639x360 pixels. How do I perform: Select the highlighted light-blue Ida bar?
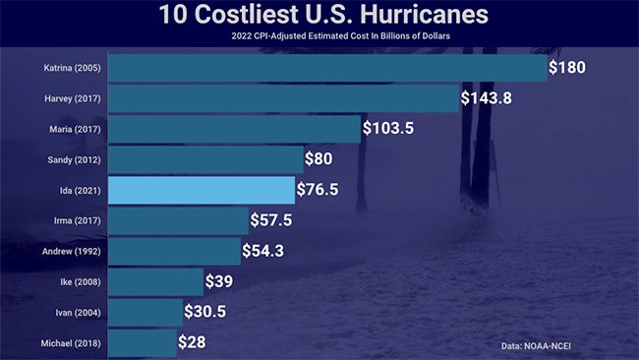click(201, 190)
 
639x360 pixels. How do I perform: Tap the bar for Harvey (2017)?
click(283, 98)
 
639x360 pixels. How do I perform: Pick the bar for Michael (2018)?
click(142, 342)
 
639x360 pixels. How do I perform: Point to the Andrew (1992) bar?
click(173, 251)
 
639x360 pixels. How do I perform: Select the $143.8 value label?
click(492, 98)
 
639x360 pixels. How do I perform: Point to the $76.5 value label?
click(318, 190)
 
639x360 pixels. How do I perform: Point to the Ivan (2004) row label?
click(78, 312)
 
